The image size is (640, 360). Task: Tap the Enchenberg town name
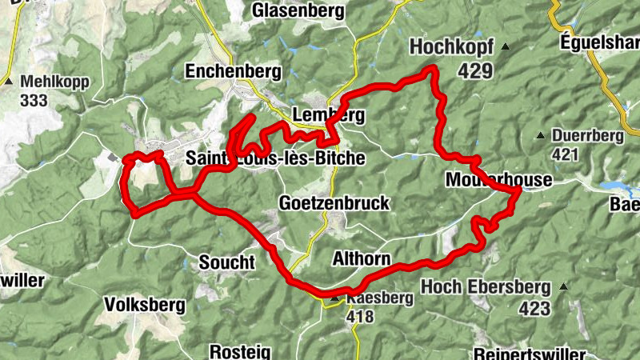(x=233, y=71)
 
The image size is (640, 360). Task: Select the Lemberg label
(x=329, y=114)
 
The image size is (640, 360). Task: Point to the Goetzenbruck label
(x=334, y=203)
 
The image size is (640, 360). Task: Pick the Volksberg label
(x=145, y=305)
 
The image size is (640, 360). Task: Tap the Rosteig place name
(x=239, y=351)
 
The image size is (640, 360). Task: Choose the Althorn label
(x=360, y=259)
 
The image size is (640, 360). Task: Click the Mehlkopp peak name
(x=55, y=82)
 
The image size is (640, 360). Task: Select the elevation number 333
(x=35, y=101)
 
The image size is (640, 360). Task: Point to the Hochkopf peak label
(x=452, y=48)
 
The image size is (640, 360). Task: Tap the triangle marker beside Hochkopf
(x=505, y=48)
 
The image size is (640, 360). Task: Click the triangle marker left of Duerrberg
(x=541, y=135)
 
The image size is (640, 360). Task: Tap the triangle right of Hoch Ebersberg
(x=566, y=286)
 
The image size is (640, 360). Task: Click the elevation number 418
(x=360, y=316)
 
